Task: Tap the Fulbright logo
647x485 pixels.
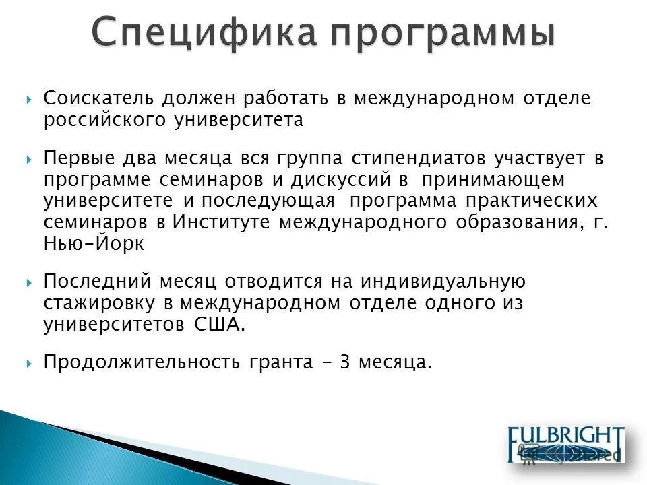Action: point(566,444)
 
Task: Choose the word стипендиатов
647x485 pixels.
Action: point(410,159)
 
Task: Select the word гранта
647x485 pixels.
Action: point(280,363)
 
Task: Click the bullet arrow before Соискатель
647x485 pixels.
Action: point(30,99)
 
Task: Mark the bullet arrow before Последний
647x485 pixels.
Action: point(30,281)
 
